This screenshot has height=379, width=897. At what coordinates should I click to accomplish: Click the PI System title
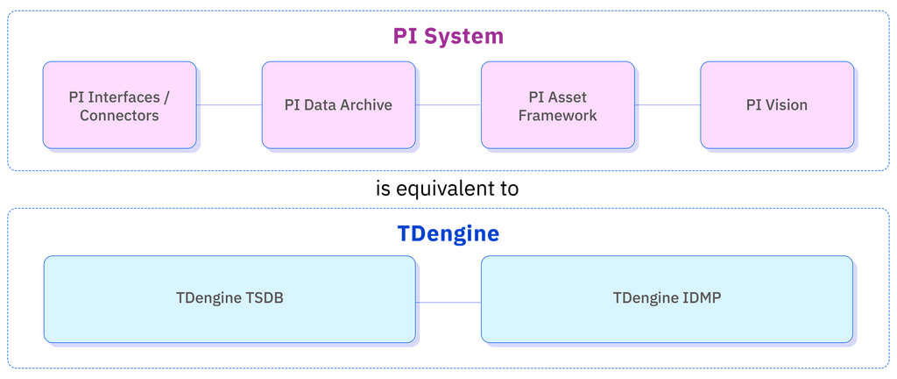tap(448, 36)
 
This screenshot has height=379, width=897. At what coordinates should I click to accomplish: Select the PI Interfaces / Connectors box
tap(119, 104)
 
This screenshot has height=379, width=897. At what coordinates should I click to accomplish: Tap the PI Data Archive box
tap(338, 104)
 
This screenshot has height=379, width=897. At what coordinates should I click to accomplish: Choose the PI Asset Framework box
tap(557, 104)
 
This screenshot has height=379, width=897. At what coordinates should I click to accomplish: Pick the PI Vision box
tap(776, 104)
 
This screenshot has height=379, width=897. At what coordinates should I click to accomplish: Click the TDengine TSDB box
tap(230, 298)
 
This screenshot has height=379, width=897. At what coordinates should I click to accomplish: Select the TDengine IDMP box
tap(666, 298)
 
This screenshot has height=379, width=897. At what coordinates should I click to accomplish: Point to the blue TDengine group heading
tap(448, 234)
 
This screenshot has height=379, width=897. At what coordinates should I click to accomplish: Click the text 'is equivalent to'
tap(448, 189)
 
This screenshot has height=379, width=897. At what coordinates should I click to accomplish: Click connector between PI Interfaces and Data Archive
tap(229, 104)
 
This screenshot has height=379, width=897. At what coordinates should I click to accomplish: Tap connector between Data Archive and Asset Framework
tap(448, 104)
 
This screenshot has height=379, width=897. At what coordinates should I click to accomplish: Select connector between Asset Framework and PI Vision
tap(667, 104)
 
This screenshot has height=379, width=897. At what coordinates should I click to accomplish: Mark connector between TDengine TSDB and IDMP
tap(448, 302)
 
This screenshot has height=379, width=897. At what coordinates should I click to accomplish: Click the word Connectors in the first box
tap(119, 115)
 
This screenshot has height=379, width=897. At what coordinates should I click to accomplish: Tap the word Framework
tap(557, 115)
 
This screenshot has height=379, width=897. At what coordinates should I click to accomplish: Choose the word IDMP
tap(701, 298)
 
